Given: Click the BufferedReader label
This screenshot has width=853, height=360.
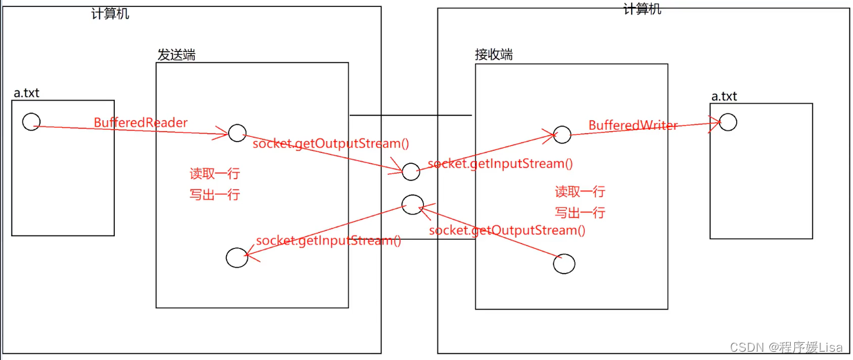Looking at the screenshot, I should [140, 123].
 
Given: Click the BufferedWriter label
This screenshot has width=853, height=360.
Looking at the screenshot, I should [632, 125].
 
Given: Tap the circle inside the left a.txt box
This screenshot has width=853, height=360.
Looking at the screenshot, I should [31, 122].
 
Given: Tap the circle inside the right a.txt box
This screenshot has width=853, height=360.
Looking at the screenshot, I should [728, 122].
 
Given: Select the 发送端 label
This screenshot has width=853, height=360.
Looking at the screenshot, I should [176, 55].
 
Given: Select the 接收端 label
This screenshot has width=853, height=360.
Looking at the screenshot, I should [494, 55].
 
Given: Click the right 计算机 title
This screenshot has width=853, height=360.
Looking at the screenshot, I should [642, 9].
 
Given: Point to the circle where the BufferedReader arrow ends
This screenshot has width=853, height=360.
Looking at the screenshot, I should [237, 133].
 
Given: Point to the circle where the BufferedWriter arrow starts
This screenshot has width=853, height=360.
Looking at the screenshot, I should [563, 135].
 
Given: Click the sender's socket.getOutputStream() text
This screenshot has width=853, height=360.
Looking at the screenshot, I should [330, 144].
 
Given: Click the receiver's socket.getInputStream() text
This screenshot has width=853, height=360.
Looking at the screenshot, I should [500, 164].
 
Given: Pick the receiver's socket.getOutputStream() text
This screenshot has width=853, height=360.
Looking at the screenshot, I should [507, 230].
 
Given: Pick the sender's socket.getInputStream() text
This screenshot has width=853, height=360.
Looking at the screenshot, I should [328, 240].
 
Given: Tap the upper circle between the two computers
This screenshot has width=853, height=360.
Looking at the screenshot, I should [411, 171].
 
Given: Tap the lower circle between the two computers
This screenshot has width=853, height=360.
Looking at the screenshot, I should [412, 204].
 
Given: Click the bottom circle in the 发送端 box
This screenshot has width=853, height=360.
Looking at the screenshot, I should [237, 258].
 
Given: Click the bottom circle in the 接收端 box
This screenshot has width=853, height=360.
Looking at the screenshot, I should [564, 263].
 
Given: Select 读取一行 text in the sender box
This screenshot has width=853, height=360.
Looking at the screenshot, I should [214, 173].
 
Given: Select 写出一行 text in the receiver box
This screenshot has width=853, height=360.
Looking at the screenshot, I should [579, 212].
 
